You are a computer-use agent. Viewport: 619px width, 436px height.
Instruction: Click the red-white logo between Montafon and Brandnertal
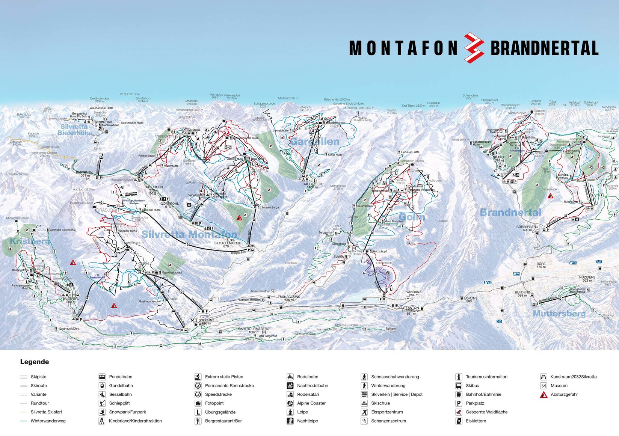pos(474,48)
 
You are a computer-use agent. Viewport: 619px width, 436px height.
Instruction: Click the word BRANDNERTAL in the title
pos(544,48)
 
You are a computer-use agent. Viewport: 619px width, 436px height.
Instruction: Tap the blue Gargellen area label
pos(314,142)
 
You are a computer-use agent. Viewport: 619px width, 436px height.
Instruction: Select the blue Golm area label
pos(412,217)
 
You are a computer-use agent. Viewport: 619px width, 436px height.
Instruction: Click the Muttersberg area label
pos(559,313)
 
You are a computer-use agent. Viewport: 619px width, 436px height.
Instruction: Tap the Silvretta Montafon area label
pos(189,234)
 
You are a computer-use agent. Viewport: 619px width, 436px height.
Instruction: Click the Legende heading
pos(35,362)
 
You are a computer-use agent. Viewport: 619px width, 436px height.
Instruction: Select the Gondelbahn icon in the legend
pos(102,386)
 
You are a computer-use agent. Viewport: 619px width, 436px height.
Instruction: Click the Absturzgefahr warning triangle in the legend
pos(543,395)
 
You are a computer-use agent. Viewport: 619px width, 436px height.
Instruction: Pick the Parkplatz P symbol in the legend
pos(458,403)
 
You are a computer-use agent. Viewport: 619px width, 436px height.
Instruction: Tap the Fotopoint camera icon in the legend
pos(198,403)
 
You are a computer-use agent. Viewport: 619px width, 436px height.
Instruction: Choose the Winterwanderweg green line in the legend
pos(24,421)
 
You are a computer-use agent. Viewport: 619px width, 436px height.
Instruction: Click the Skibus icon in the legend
pos(458,386)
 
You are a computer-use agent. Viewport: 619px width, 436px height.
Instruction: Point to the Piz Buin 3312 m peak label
pos(130,94)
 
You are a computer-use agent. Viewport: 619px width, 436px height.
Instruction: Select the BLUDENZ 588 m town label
pos(522,294)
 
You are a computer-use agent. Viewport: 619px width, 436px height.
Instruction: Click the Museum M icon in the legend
pos(543,386)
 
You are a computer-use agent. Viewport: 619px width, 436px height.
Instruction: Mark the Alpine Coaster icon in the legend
pos(290,403)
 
